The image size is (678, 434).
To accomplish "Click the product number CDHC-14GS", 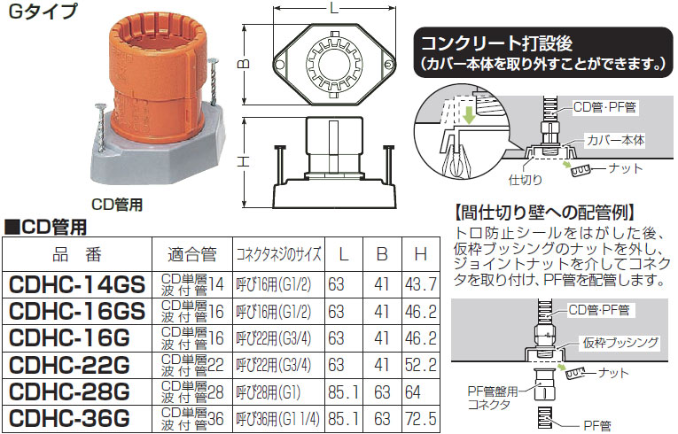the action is [77, 285].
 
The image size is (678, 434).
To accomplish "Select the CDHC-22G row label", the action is [69, 365].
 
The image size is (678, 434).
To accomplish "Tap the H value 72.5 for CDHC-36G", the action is [421, 418].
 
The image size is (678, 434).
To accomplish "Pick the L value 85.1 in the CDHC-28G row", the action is [343, 392].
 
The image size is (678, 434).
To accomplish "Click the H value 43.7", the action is [421, 284].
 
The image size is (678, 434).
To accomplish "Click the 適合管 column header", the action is [192, 254].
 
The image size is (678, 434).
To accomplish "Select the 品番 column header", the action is [77, 254].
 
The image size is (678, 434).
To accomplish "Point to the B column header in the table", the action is [382, 254].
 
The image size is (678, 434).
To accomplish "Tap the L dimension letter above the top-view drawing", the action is [334, 8].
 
